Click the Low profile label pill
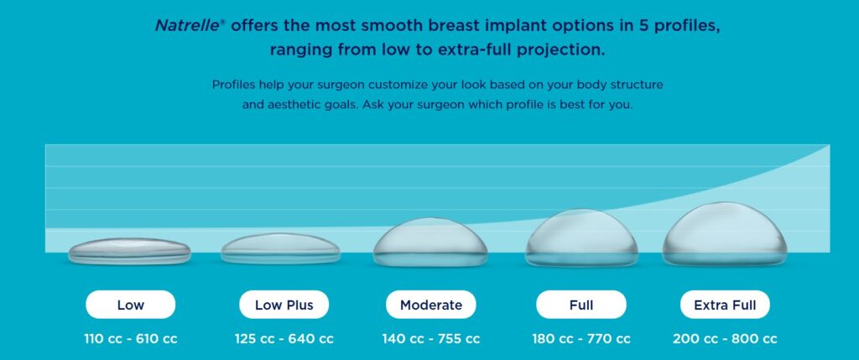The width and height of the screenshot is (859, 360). [x=130, y=305]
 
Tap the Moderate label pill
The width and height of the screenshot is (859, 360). [x=430, y=305]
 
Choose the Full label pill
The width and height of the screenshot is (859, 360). [x=580, y=305]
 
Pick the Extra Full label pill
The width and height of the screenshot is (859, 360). [x=725, y=305]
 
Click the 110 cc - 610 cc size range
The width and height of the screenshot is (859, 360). [x=130, y=339]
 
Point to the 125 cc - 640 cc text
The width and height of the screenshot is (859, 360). [x=284, y=339]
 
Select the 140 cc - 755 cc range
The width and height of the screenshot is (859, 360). [x=430, y=339]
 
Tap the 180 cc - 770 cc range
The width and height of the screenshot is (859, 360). [x=580, y=339]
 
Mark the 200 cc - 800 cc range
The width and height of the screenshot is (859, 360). [x=725, y=339]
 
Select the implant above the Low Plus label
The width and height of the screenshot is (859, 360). [x=280, y=248]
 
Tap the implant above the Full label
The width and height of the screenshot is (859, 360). [x=581, y=238]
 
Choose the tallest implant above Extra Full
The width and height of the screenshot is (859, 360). [x=725, y=235]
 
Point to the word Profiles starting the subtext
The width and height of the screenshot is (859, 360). [x=236, y=85]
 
